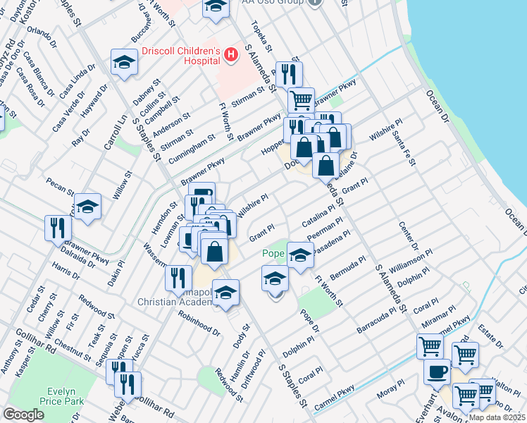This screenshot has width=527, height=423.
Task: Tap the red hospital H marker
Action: (228, 54)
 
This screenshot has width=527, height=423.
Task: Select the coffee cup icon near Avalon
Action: (437, 371)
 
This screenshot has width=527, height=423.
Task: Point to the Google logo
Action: (23, 415)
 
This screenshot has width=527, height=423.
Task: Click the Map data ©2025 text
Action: (497, 417)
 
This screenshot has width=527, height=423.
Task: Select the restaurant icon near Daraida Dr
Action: (58, 227)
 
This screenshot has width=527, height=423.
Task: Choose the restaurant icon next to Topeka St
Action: (289, 73)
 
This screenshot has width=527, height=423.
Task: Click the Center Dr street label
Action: (408, 238)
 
